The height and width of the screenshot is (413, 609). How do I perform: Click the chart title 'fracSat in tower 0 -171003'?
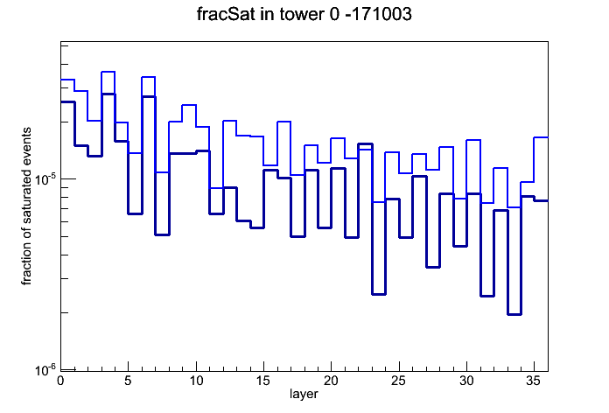(x=304, y=14)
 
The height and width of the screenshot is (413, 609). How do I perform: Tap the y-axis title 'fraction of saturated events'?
(x=26, y=206)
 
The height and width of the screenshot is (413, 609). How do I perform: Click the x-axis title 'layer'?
(x=304, y=394)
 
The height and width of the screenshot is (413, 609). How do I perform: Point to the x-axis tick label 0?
(x=60, y=381)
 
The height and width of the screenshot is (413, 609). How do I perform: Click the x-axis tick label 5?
(x=128, y=381)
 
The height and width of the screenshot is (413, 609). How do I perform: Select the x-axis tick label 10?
(x=196, y=381)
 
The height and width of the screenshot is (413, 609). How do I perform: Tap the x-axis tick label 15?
(x=263, y=381)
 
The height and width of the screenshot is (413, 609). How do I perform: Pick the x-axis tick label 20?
(x=331, y=381)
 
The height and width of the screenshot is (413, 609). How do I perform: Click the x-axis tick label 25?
(x=398, y=381)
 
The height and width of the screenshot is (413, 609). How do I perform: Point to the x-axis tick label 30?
(x=466, y=381)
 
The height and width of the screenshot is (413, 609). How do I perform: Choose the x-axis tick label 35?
(x=534, y=381)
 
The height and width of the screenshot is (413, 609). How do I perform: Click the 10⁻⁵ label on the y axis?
(x=45, y=180)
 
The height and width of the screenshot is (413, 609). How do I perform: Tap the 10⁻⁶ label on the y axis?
(x=45, y=370)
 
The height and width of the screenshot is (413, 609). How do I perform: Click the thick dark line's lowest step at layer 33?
(x=514, y=314)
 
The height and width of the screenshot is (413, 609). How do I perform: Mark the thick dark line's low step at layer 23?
(x=379, y=294)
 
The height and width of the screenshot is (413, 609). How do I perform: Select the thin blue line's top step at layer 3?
(x=108, y=72)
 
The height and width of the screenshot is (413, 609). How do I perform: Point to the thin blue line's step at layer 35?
(x=541, y=137)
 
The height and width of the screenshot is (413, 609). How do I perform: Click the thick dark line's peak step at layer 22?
(x=365, y=143)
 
